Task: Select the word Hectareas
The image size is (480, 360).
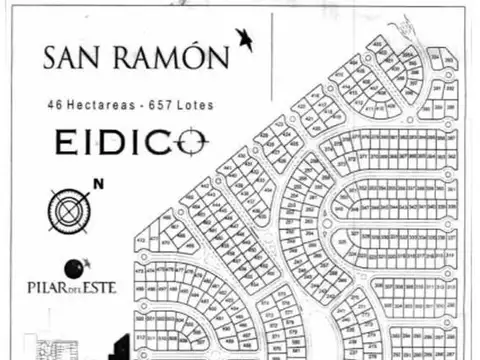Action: (97, 104)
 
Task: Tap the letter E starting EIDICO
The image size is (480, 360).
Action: (65, 143)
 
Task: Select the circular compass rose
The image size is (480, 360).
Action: (69, 210)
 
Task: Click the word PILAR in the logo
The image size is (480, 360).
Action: (44, 288)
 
